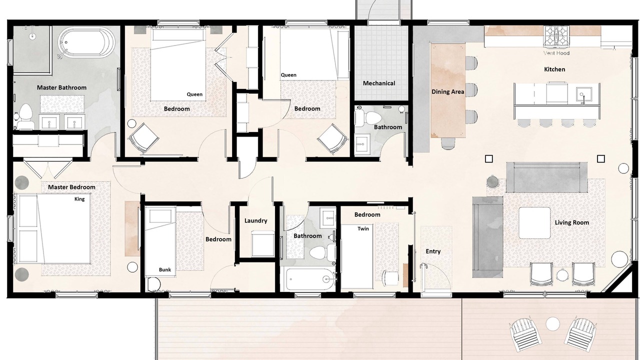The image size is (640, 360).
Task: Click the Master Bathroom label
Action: pos(61,87)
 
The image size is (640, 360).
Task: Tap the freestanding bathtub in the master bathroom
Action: pos(86,42)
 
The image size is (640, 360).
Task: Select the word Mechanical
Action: pos(379,83)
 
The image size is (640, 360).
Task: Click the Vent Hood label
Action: pos(556,53)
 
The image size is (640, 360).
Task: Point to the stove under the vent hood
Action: pos(556,36)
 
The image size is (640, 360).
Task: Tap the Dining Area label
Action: pos(447,91)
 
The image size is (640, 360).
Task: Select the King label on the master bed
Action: pos(79,199)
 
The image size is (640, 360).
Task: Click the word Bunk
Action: pos(165,269)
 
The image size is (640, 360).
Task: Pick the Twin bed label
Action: pos(363,228)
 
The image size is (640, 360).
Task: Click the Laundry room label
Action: pos(255,220)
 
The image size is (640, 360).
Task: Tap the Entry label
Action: pos(433,251)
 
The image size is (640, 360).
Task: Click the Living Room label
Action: pos(572,222)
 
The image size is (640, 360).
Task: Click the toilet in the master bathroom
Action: pos(24,116)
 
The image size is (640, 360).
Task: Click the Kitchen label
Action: pos(554,69)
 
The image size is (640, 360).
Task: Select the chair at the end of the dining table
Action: pos(448,143)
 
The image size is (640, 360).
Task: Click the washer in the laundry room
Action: pos(262,243)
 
